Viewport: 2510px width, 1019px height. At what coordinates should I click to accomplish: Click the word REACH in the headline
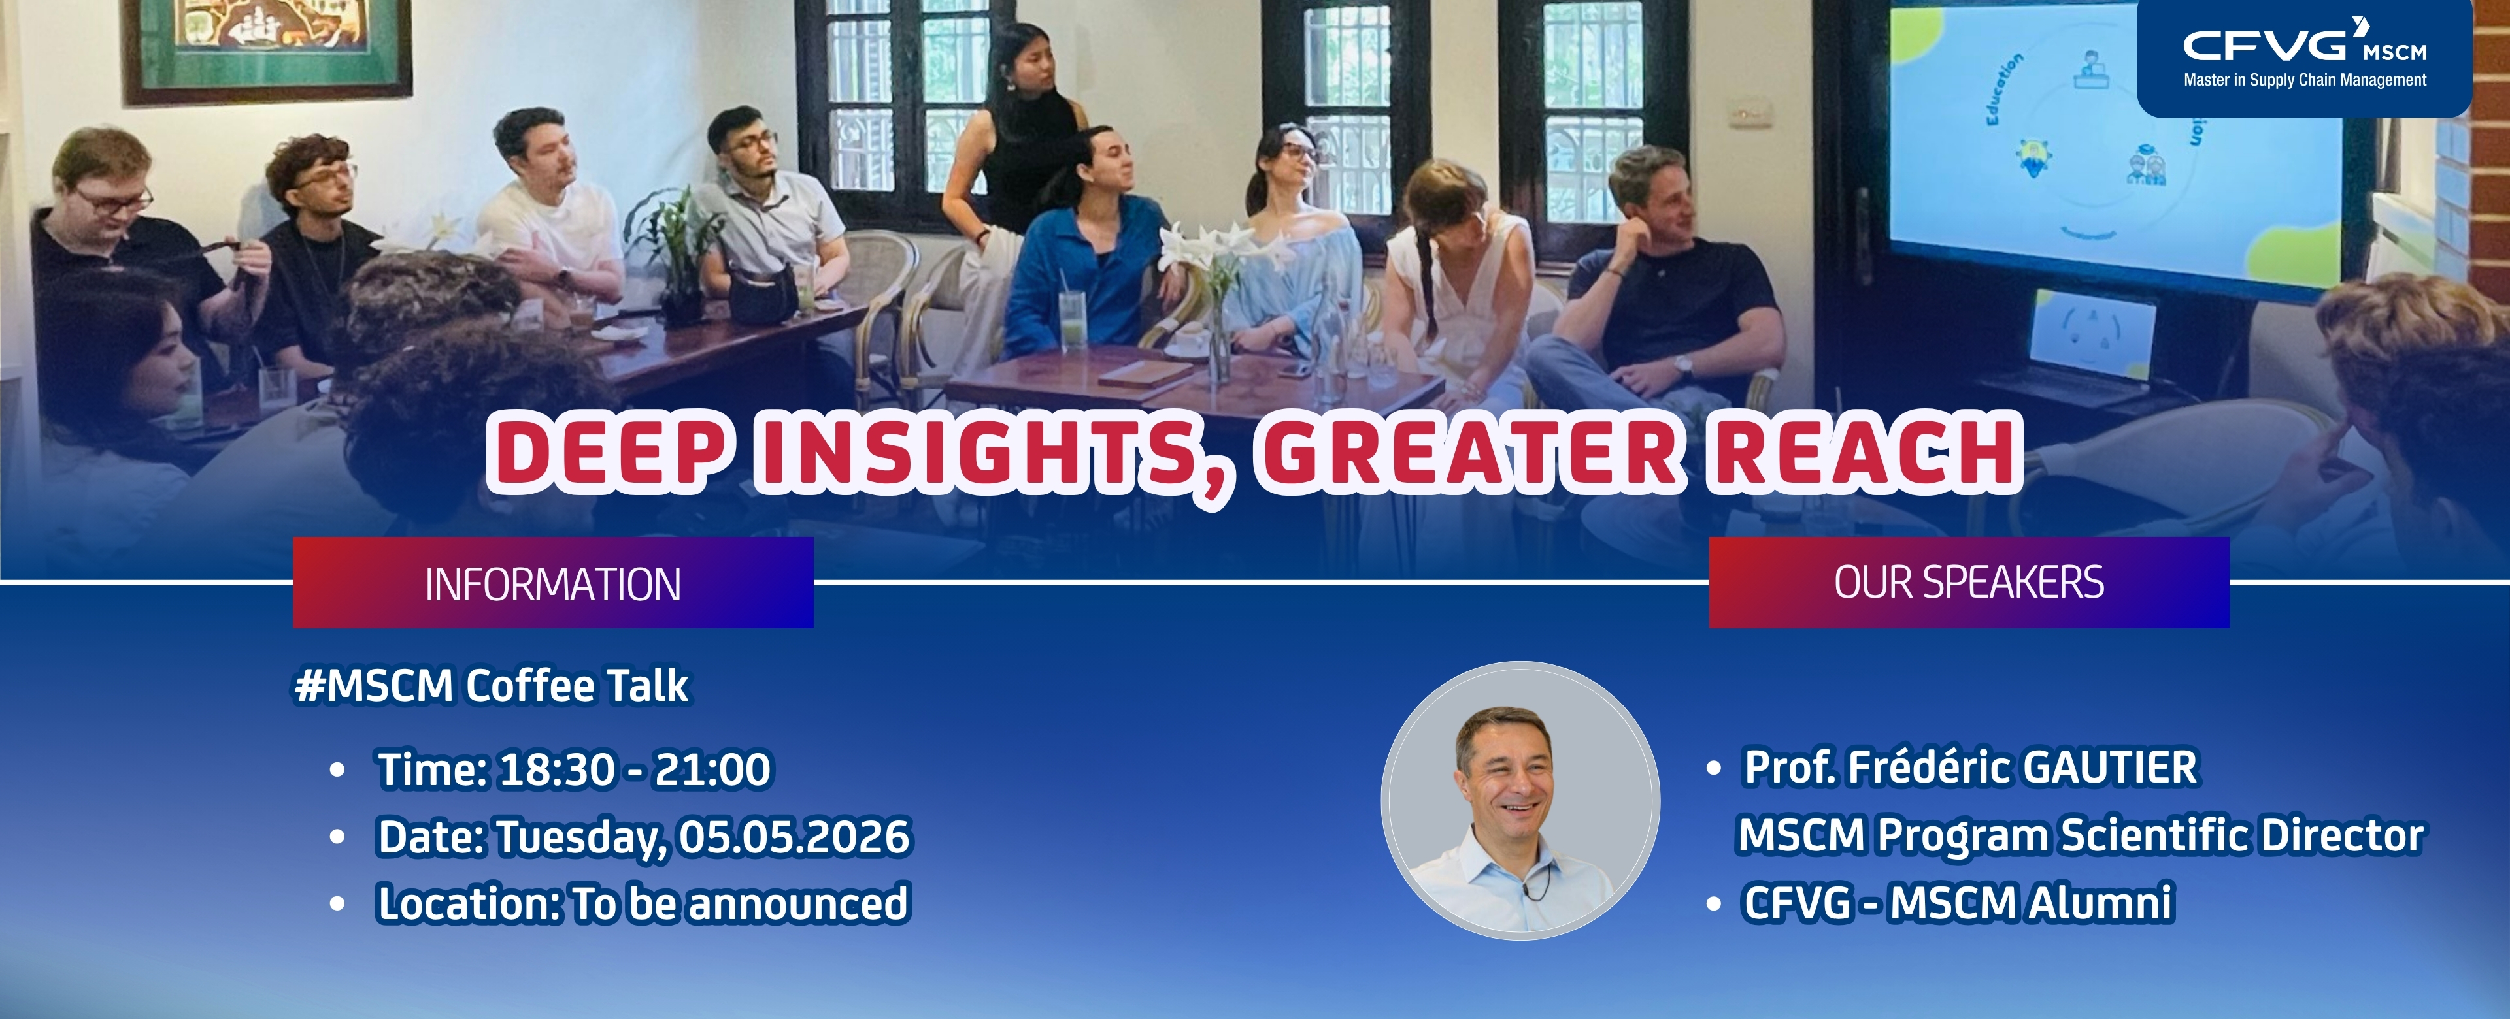click(1863, 450)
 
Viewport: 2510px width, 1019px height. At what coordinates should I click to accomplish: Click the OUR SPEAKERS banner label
click(1968, 583)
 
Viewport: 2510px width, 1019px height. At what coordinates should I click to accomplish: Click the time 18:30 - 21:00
click(634, 769)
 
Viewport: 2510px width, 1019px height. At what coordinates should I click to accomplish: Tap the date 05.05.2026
click(794, 837)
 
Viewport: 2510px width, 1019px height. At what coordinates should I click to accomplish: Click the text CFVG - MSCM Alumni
click(1958, 902)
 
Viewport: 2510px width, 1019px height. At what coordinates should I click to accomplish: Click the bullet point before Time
click(337, 769)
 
